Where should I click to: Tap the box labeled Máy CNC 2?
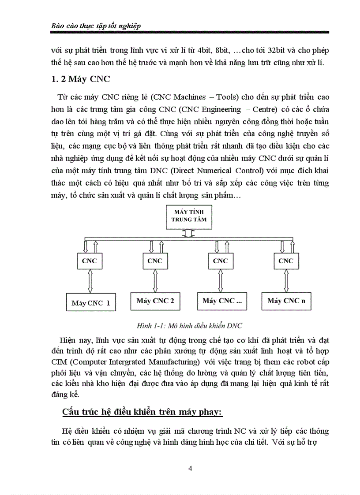point(155,301)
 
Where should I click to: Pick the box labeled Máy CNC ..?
point(222,301)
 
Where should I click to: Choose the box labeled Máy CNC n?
point(286,301)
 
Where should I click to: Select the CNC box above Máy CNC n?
point(286,261)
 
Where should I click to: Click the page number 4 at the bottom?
point(190,469)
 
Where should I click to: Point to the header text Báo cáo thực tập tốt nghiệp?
point(94,26)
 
